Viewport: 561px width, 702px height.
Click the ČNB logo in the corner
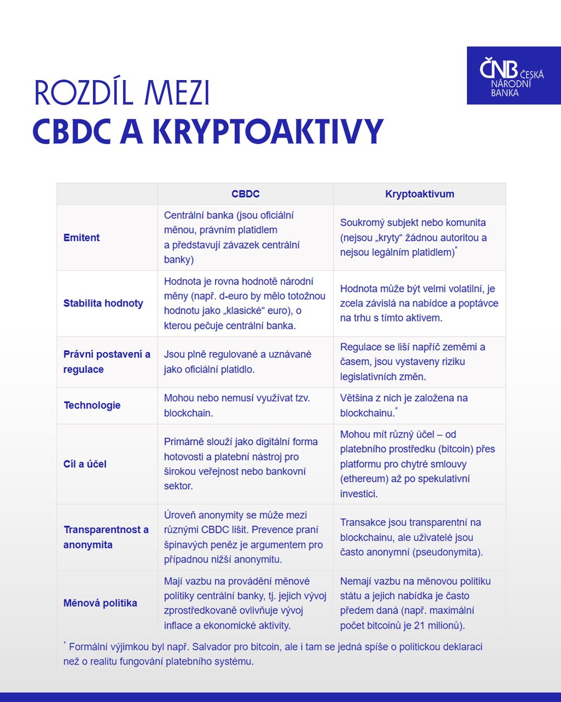513,75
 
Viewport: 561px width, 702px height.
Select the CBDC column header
245,194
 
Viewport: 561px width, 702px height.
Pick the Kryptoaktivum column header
419,194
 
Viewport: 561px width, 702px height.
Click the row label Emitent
81,238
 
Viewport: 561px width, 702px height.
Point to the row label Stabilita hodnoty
103,304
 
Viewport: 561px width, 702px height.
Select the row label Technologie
92,405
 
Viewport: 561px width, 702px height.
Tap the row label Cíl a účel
85,464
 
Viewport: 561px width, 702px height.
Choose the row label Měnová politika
100,603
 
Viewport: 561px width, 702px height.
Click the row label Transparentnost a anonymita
106,537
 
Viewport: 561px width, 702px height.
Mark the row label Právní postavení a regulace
106,362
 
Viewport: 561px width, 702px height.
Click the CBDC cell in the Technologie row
245,405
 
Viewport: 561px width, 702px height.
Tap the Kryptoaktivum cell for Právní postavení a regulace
419,362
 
